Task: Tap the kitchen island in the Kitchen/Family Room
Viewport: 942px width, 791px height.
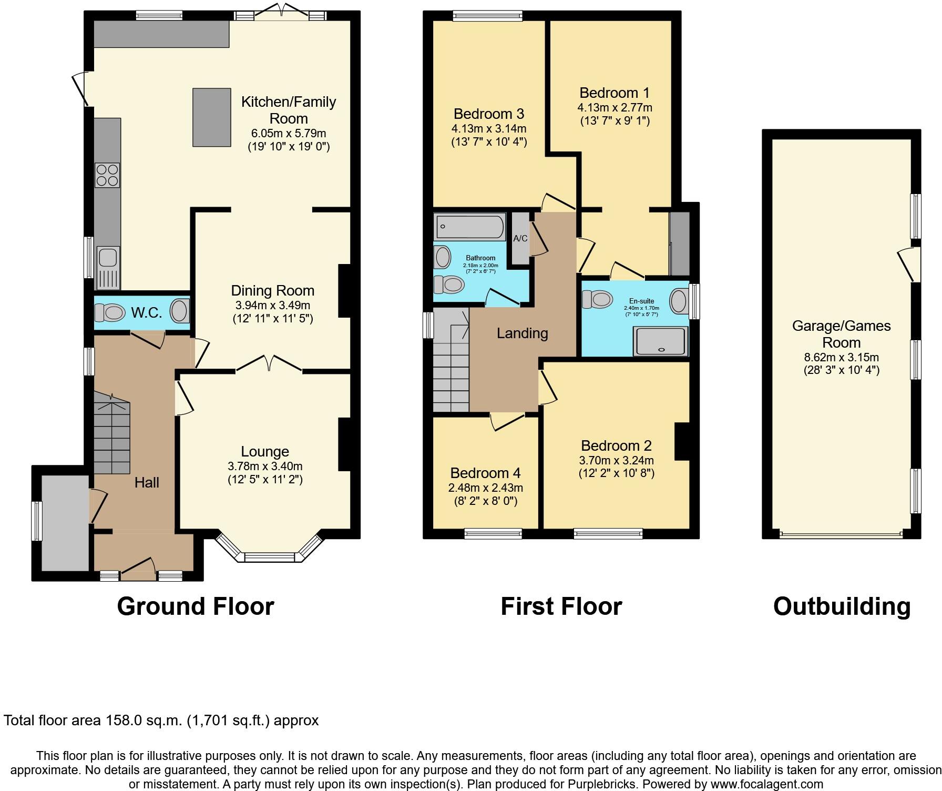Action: click(x=212, y=117)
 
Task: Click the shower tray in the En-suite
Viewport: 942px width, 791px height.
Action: click(x=661, y=341)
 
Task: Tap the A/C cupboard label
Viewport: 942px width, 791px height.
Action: click(x=520, y=238)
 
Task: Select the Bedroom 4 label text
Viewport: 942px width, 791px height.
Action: click(x=485, y=472)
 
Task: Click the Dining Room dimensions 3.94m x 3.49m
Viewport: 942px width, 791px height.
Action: click(x=272, y=305)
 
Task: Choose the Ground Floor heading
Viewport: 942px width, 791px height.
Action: click(x=195, y=606)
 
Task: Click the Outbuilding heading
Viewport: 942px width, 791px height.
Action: click(x=841, y=606)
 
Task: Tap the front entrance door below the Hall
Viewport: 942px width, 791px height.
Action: click(x=138, y=571)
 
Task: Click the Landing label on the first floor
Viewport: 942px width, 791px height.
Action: click(x=522, y=333)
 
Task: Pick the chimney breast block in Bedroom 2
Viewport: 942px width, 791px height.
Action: click(x=682, y=441)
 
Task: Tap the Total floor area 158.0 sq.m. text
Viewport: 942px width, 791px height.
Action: click(x=161, y=720)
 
